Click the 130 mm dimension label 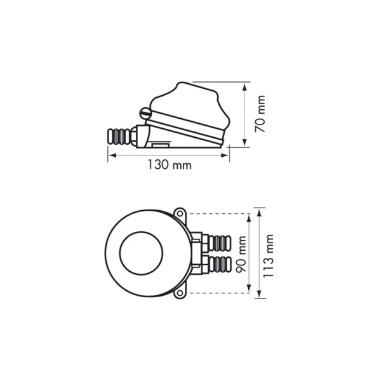coord(170,164)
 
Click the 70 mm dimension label coord(260,114)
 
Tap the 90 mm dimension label coord(241,254)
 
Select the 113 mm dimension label coord(269,256)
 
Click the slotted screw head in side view coord(144,113)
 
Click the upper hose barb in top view coord(220,243)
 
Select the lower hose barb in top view coord(220,264)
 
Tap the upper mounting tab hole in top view coord(180,214)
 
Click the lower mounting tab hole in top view coord(180,293)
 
